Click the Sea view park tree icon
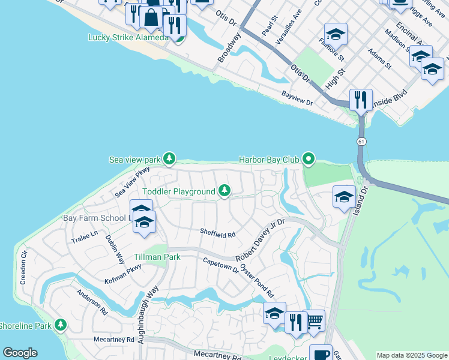(x=170, y=159)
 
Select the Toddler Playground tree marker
(x=224, y=191)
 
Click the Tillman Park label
(x=157, y=256)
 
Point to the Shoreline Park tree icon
(x=60, y=325)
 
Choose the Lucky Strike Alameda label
(x=128, y=38)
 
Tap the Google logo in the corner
(x=20, y=353)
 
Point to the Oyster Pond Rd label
(x=256, y=280)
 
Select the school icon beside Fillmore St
(x=336, y=35)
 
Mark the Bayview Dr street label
(x=297, y=98)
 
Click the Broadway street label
(x=229, y=48)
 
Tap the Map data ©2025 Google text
(x=412, y=355)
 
